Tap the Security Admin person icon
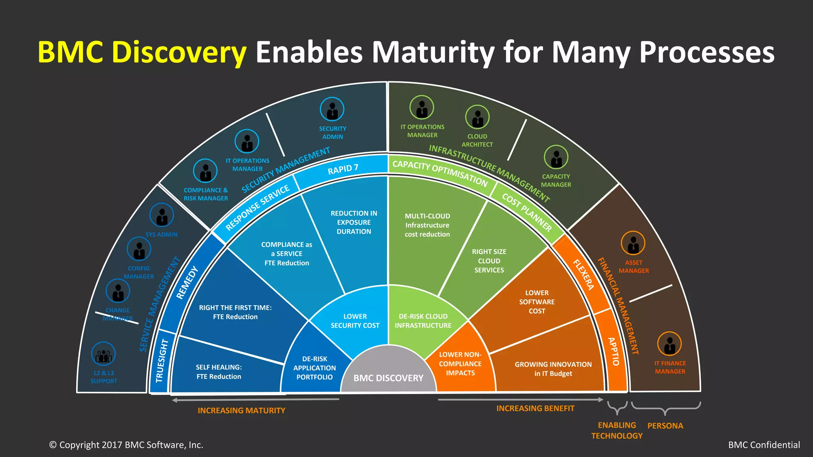(332, 109)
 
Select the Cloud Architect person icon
(477, 117)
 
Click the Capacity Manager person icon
(556, 157)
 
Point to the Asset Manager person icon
(633, 243)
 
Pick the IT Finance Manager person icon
(669, 344)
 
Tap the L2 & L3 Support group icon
(104, 354)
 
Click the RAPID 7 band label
(343, 169)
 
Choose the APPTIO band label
(614, 351)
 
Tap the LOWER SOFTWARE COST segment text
(537, 302)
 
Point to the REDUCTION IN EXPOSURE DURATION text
(354, 223)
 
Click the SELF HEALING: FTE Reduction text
(219, 372)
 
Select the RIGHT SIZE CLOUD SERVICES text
(489, 261)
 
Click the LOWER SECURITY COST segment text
(355, 321)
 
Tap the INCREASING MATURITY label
(241, 411)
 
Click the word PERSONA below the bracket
(665, 426)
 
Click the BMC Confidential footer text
(764, 445)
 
